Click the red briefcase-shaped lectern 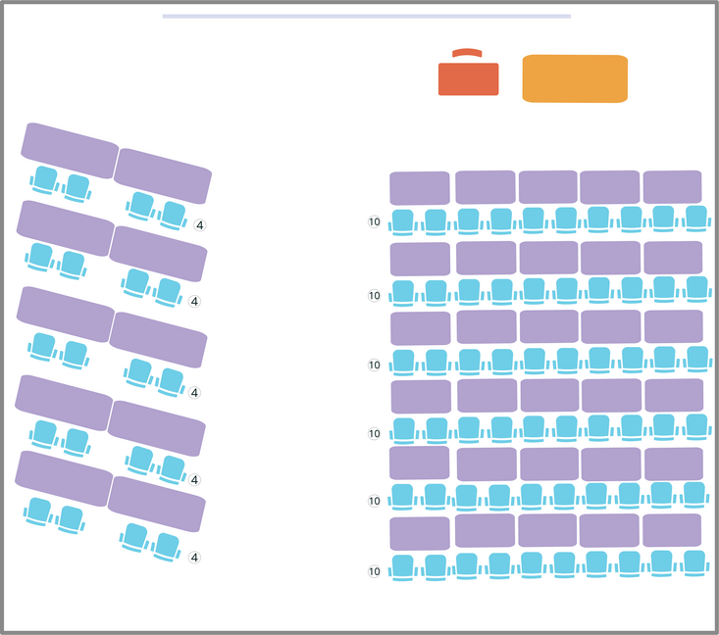pyautogui.click(x=468, y=78)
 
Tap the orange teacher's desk pyautogui.click(x=575, y=78)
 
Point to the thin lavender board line pyautogui.click(x=367, y=16)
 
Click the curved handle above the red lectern pyautogui.click(x=467, y=53)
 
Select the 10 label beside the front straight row pyautogui.click(x=374, y=221)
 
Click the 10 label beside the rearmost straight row pyautogui.click(x=374, y=571)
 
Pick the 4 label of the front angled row pyautogui.click(x=199, y=225)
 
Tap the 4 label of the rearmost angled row pyautogui.click(x=194, y=558)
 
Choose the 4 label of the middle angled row pyautogui.click(x=194, y=393)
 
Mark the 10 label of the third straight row pyautogui.click(x=374, y=365)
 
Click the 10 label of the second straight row pyautogui.click(x=374, y=296)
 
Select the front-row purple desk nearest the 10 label pyautogui.click(x=420, y=188)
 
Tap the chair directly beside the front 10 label pyautogui.click(x=403, y=222)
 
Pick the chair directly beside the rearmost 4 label pyautogui.click(x=167, y=547)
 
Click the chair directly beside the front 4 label pyautogui.click(x=173, y=216)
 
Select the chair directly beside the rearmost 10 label pyautogui.click(x=403, y=568)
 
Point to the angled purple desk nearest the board pyautogui.click(x=70, y=150)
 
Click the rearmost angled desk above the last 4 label pyautogui.click(x=156, y=504)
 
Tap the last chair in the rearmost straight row pyautogui.click(x=694, y=563)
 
